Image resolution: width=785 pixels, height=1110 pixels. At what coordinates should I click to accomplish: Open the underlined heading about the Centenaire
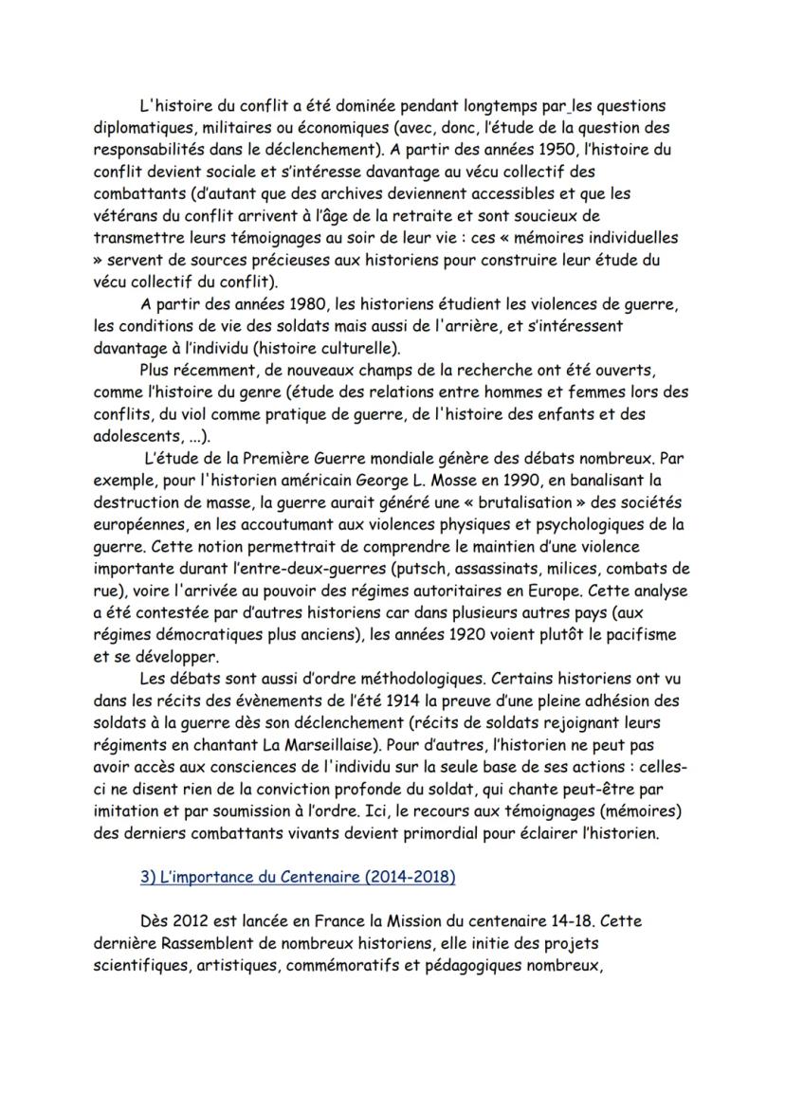pos(297,877)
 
